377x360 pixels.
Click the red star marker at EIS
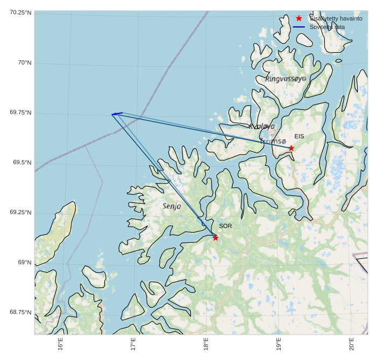pos(291,148)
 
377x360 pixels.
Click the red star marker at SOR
pos(215,237)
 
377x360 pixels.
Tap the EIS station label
pos(299,137)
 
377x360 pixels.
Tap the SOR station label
pos(225,226)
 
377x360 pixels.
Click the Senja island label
pos(172,206)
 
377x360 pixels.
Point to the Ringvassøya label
pos(286,79)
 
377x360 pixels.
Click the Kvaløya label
pos(262,126)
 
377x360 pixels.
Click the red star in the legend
pos(299,18)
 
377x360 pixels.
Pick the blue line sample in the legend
pos(299,27)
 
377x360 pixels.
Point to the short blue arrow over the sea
pos(117,114)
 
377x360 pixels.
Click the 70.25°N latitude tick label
pos(20,12)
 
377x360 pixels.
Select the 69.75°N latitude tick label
pos(20,112)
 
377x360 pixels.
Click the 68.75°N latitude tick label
pos(20,312)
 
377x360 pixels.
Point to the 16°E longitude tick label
pos(60,343)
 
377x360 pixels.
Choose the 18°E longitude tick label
pos(206,343)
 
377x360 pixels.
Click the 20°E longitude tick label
pos(351,343)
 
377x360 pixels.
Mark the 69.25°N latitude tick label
pos(20,212)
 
